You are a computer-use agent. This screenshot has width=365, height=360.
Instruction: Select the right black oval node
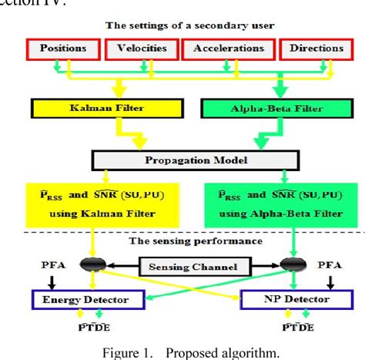293,266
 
